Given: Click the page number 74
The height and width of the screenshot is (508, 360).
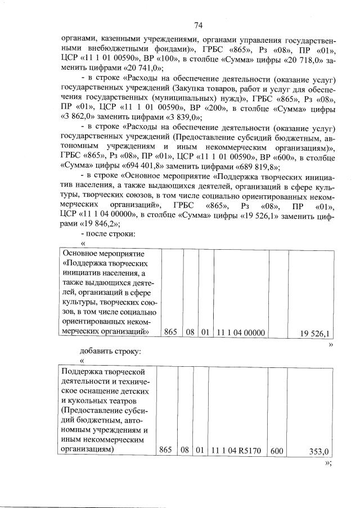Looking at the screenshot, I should [197, 25].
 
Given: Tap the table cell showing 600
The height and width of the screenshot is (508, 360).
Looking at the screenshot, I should [276, 451].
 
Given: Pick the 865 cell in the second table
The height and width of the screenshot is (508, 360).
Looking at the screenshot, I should [165, 451].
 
